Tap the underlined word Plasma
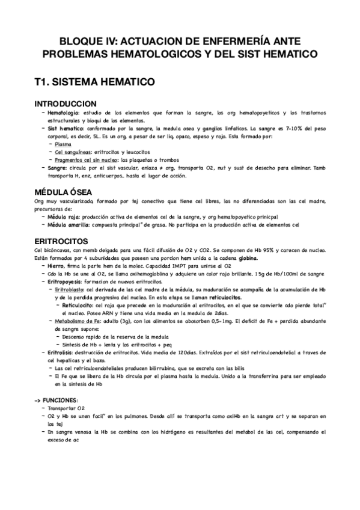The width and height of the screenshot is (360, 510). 62,144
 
